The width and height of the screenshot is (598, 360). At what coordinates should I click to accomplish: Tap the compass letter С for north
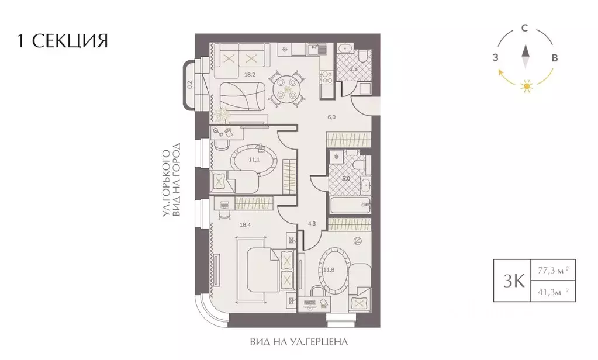point(525,28)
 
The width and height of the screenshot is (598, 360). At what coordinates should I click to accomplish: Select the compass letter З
point(495,57)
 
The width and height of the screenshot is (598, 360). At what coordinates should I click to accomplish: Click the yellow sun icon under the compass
point(527,87)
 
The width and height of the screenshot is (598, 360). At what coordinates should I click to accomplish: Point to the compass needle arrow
point(525,57)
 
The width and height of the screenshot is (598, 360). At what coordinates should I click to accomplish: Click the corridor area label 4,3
point(312,223)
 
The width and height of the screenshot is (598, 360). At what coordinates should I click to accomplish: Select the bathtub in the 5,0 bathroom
point(348,205)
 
